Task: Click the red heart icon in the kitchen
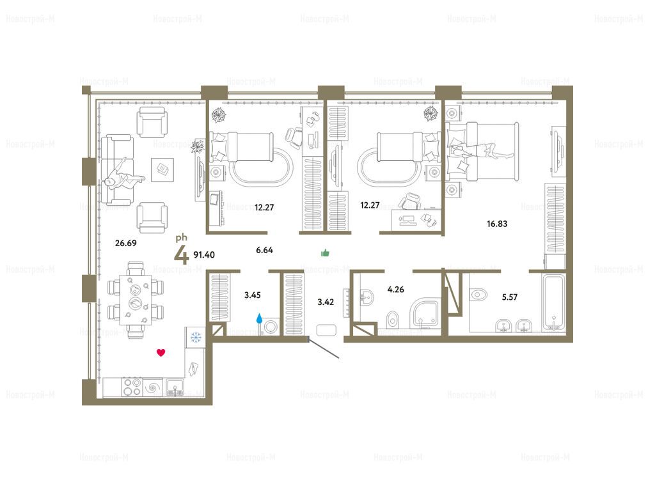pyautogui.click(x=161, y=353)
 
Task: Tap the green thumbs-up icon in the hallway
pyautogui.click(x=325, y=253)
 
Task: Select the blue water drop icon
pyautogui.click(x=260, y=319)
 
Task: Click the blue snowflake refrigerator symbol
pyautogui.click(x=196, y=337)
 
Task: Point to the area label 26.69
pyautogui.click(x=126, y=242)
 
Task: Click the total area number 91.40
pyautogui.click(x=204, y=254)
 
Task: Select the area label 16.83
pyautogui.click(x=497, y=224)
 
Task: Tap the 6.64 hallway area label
pyautogui.click(x=264, y=250)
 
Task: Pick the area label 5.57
pyautogui.click(x=510, y=297)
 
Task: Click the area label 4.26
pyautogui.click(x=395, y=290)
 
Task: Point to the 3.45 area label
pyautogui.click(x=252, y=295)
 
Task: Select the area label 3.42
pyautogui.click(x=326, y=302)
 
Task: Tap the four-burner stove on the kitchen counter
pyautogui.click(x=132, y=387)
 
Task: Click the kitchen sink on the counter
pyautogui.click(x=175, y=387)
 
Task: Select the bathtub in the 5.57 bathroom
pyautogui.click(x=553, y=302)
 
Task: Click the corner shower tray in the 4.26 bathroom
pyautogui.click(x=425, y=313)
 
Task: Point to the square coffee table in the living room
pyautogui.click(x=162, y=169)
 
